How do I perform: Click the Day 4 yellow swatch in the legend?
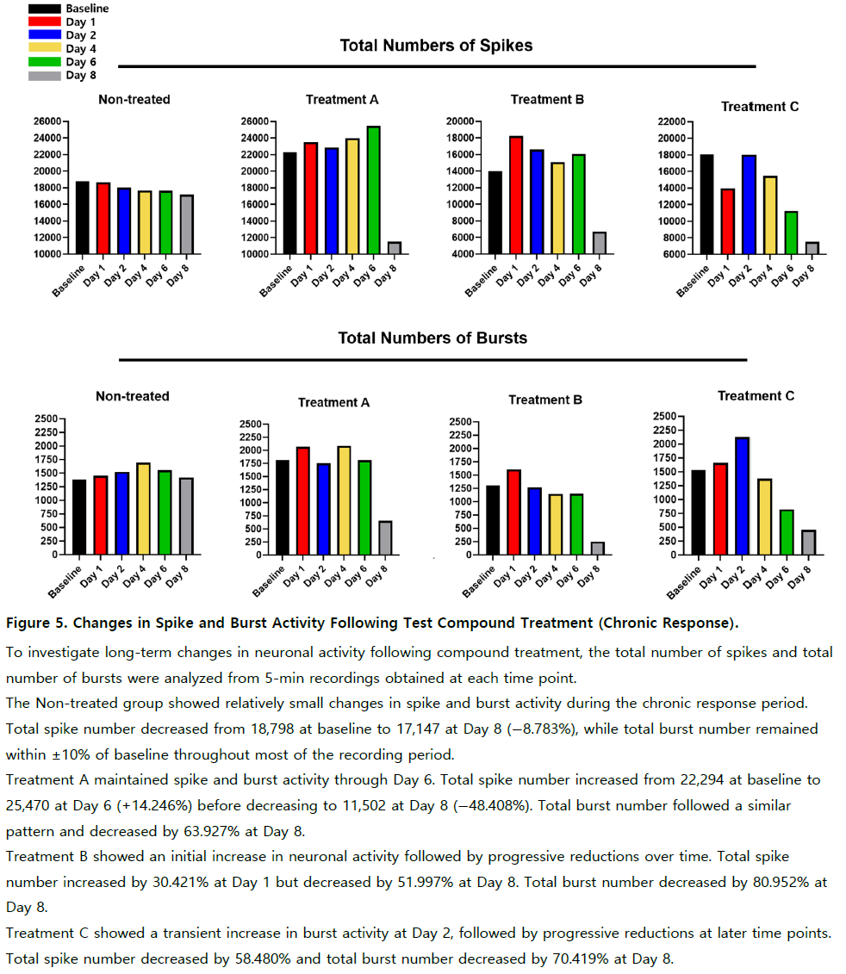tap(45, 48)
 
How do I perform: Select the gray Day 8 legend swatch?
tap(45, 76)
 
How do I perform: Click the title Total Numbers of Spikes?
tap(436, 46)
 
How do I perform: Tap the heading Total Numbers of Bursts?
tap(432, 338)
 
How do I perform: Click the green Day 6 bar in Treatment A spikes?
tap(374, 190)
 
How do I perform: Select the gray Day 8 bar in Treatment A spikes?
tap(394, 248)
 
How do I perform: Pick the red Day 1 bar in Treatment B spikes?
tap(516, 195)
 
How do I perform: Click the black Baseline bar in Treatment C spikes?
tap(706, 204)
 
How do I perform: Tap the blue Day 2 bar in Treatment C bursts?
tap(742, 496)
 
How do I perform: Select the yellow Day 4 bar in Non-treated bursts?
tap(143, 509)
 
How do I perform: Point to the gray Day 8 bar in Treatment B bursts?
tap(597, 549)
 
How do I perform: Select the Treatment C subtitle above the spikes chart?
tap(760, 107)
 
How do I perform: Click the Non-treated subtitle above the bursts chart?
tap(133, 396)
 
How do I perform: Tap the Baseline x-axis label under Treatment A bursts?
tap(268, 581)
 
